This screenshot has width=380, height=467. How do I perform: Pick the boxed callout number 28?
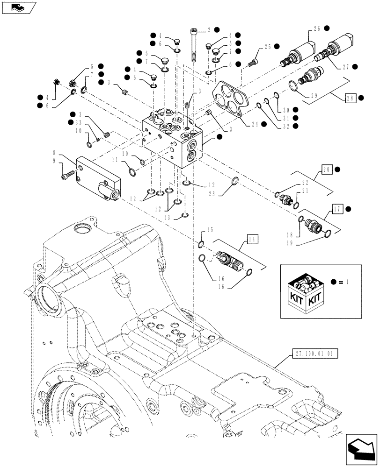click(351, 98)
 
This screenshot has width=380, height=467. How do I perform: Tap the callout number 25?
click(268, 47)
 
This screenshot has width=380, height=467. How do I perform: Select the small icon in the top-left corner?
click(19, 7)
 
